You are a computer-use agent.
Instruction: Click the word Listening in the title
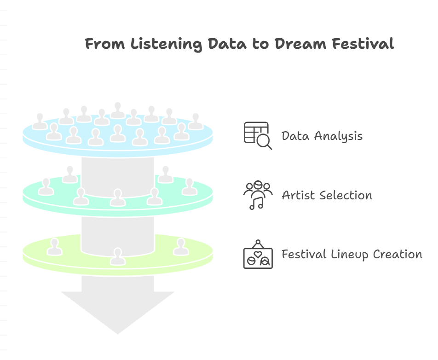click(166, 44)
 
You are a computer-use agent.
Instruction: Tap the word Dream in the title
click(300, 44)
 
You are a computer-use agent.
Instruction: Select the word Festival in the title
click(363, 44)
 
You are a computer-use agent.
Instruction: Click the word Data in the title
click(227, 44)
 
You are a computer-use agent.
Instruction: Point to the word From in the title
click(105, 44)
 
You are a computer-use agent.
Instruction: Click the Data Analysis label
click(322, 136)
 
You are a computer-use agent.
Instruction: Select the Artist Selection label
click(327, 195)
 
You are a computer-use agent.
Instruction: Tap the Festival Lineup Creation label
click(352, 254)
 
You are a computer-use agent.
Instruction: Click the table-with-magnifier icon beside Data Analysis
click(258, 135)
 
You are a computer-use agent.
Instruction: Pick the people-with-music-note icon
click(258, 195)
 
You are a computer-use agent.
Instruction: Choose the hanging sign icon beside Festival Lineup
click(258, 254)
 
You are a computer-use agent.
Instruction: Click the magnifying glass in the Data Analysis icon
click(264, 142)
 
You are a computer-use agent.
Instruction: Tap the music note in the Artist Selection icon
click(256, 203)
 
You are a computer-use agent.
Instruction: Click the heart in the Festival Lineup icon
click(258, 254)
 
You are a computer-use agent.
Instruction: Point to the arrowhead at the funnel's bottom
click(118, 313)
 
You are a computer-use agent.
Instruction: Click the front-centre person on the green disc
click(118, 256)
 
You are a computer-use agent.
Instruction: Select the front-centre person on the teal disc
click(118, 197)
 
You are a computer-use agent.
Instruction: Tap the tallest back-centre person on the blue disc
click(118, 110)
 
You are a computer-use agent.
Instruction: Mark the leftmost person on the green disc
click(54, 247)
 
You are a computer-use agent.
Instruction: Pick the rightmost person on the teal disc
click(190, 187)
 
